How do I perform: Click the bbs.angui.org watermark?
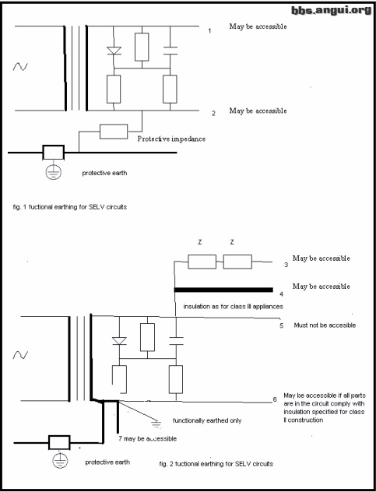(x=332, y=10)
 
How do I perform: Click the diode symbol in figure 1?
(x=114, y=51)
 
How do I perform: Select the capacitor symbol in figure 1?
(x=170, y=51)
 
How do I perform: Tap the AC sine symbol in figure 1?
(x=20, y=66)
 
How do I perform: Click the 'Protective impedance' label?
(x=171, y=139)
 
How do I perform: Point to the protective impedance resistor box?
(x=114, y=132)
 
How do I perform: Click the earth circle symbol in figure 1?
(x=54, y=171)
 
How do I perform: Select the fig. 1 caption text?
(x=70, y=207)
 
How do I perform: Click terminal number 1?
(x=209, y=31)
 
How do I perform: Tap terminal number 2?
(x=213, y=114)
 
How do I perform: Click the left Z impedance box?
(x=202, y=262)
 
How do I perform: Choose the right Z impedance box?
(x=237, y=262)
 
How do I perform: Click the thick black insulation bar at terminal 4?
(x=223, y=290)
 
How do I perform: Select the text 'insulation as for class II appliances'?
(x=233, y=306)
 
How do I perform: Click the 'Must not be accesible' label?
(x=325, y=325)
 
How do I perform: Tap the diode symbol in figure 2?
(x=119, y=341)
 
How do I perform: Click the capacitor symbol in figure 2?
(x=176, y=341)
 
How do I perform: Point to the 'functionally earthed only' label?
(x=207, y=420)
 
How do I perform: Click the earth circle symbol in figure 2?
(x=60, y=461)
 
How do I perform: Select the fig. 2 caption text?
(x=216, y=463)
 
